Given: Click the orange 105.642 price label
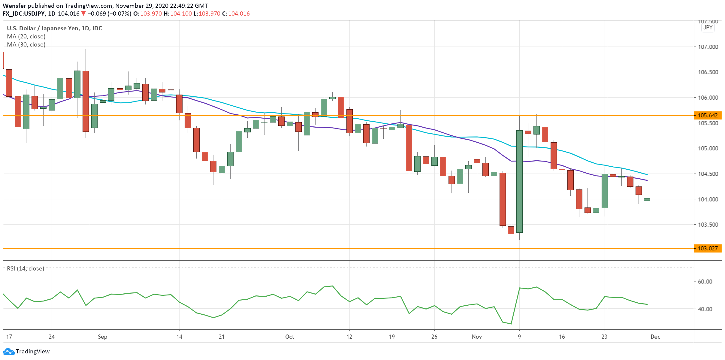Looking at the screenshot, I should pyautogui.click(x=708, y=115).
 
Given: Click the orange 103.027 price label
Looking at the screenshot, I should pyautogui.click(x=708, y=248).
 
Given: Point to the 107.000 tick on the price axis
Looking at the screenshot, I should pyautogui.click(x=708, y=47).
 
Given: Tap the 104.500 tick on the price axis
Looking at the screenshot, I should pyautogui.click(x=708, y=174).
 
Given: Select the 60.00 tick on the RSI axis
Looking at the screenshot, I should pyautogui.click(x=705, y=282).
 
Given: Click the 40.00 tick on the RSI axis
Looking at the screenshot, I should pyautogui.click(x=705, y=309).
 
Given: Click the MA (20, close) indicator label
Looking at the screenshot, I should pyautogui.click(x=26, y=36).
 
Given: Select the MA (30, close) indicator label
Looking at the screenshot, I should pyautogui.click(x=26, y=44).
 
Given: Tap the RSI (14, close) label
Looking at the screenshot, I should pyautogui.click(x=26, y=268).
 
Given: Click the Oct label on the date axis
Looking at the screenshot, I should pyautogui.click(x=290, y=337).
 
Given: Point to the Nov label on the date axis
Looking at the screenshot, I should pyautogui.click(x=477, y=337).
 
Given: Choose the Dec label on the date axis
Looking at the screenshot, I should pyautogui.click(x=655, y=337).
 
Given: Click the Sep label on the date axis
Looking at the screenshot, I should pyautogui.click(x=103, y=337).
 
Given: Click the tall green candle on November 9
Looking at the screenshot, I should pyautogui.click(x=519, y=181).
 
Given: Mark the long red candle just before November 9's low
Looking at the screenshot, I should pyautogui.click(x=503, y=199).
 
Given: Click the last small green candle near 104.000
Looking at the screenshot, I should pyautogui.click(x=647, y=199).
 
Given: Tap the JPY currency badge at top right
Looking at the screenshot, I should pyautogui.click(x=708, y=28).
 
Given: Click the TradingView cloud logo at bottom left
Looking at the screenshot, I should pyautogui.click(x=8, y=351).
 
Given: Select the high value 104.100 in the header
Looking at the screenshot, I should pyautogui.click(x=181, y=14).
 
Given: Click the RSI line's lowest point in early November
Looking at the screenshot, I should pyautogui.click(x=511, y=324).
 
